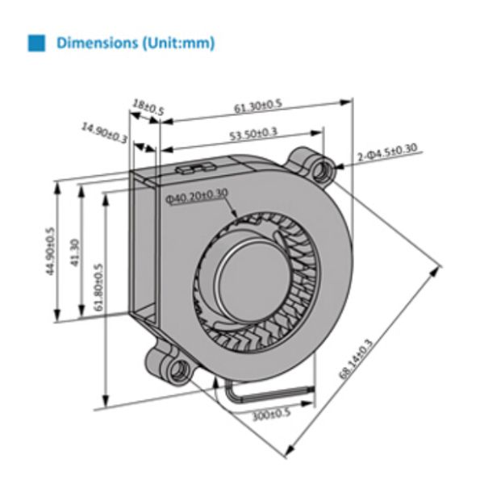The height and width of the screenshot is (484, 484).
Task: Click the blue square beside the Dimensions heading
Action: pyautogui.click(x=36, y=43)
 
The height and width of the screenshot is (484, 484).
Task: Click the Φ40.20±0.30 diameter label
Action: pyautogui.click(x=198, y=194)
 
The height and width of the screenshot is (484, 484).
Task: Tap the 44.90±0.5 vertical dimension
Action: pyautogui.click(x=50, y=251)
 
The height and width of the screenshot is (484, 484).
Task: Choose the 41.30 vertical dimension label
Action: pyautogui.click(x=74, y=251)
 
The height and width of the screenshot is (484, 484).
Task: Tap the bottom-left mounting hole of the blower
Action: pyautogui.click(x=178, y=369)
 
